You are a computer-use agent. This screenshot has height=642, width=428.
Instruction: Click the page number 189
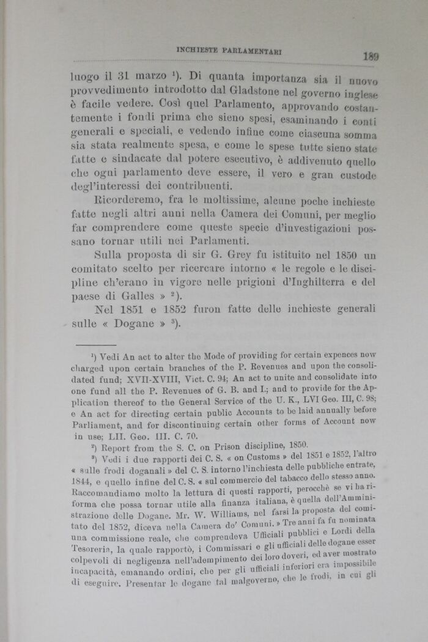coord(371,56)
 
